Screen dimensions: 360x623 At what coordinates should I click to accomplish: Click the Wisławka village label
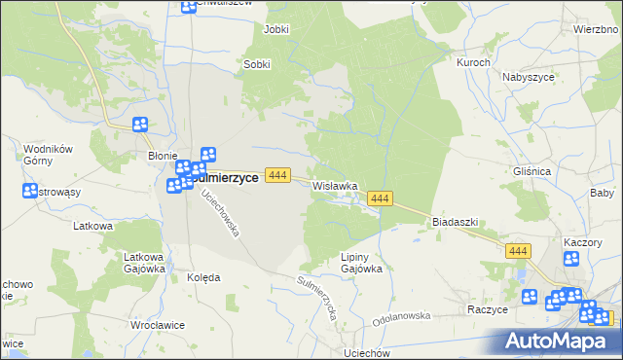(335, 185)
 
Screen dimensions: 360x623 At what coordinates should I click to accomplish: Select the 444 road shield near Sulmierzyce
(278, 175)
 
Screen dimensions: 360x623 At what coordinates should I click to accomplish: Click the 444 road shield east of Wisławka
(380, 198)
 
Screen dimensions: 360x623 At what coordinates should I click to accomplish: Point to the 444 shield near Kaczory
(518, 251)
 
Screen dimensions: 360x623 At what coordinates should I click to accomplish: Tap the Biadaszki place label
(455, 222)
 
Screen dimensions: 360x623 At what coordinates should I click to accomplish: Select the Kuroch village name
(473, 62)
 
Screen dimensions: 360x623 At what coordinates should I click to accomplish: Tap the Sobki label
(256, 65)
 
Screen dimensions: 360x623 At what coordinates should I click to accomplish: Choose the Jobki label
(276, 29)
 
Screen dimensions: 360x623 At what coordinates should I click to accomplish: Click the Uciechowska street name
(221, 216)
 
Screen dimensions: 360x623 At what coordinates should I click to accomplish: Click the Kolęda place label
(203, 277)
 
